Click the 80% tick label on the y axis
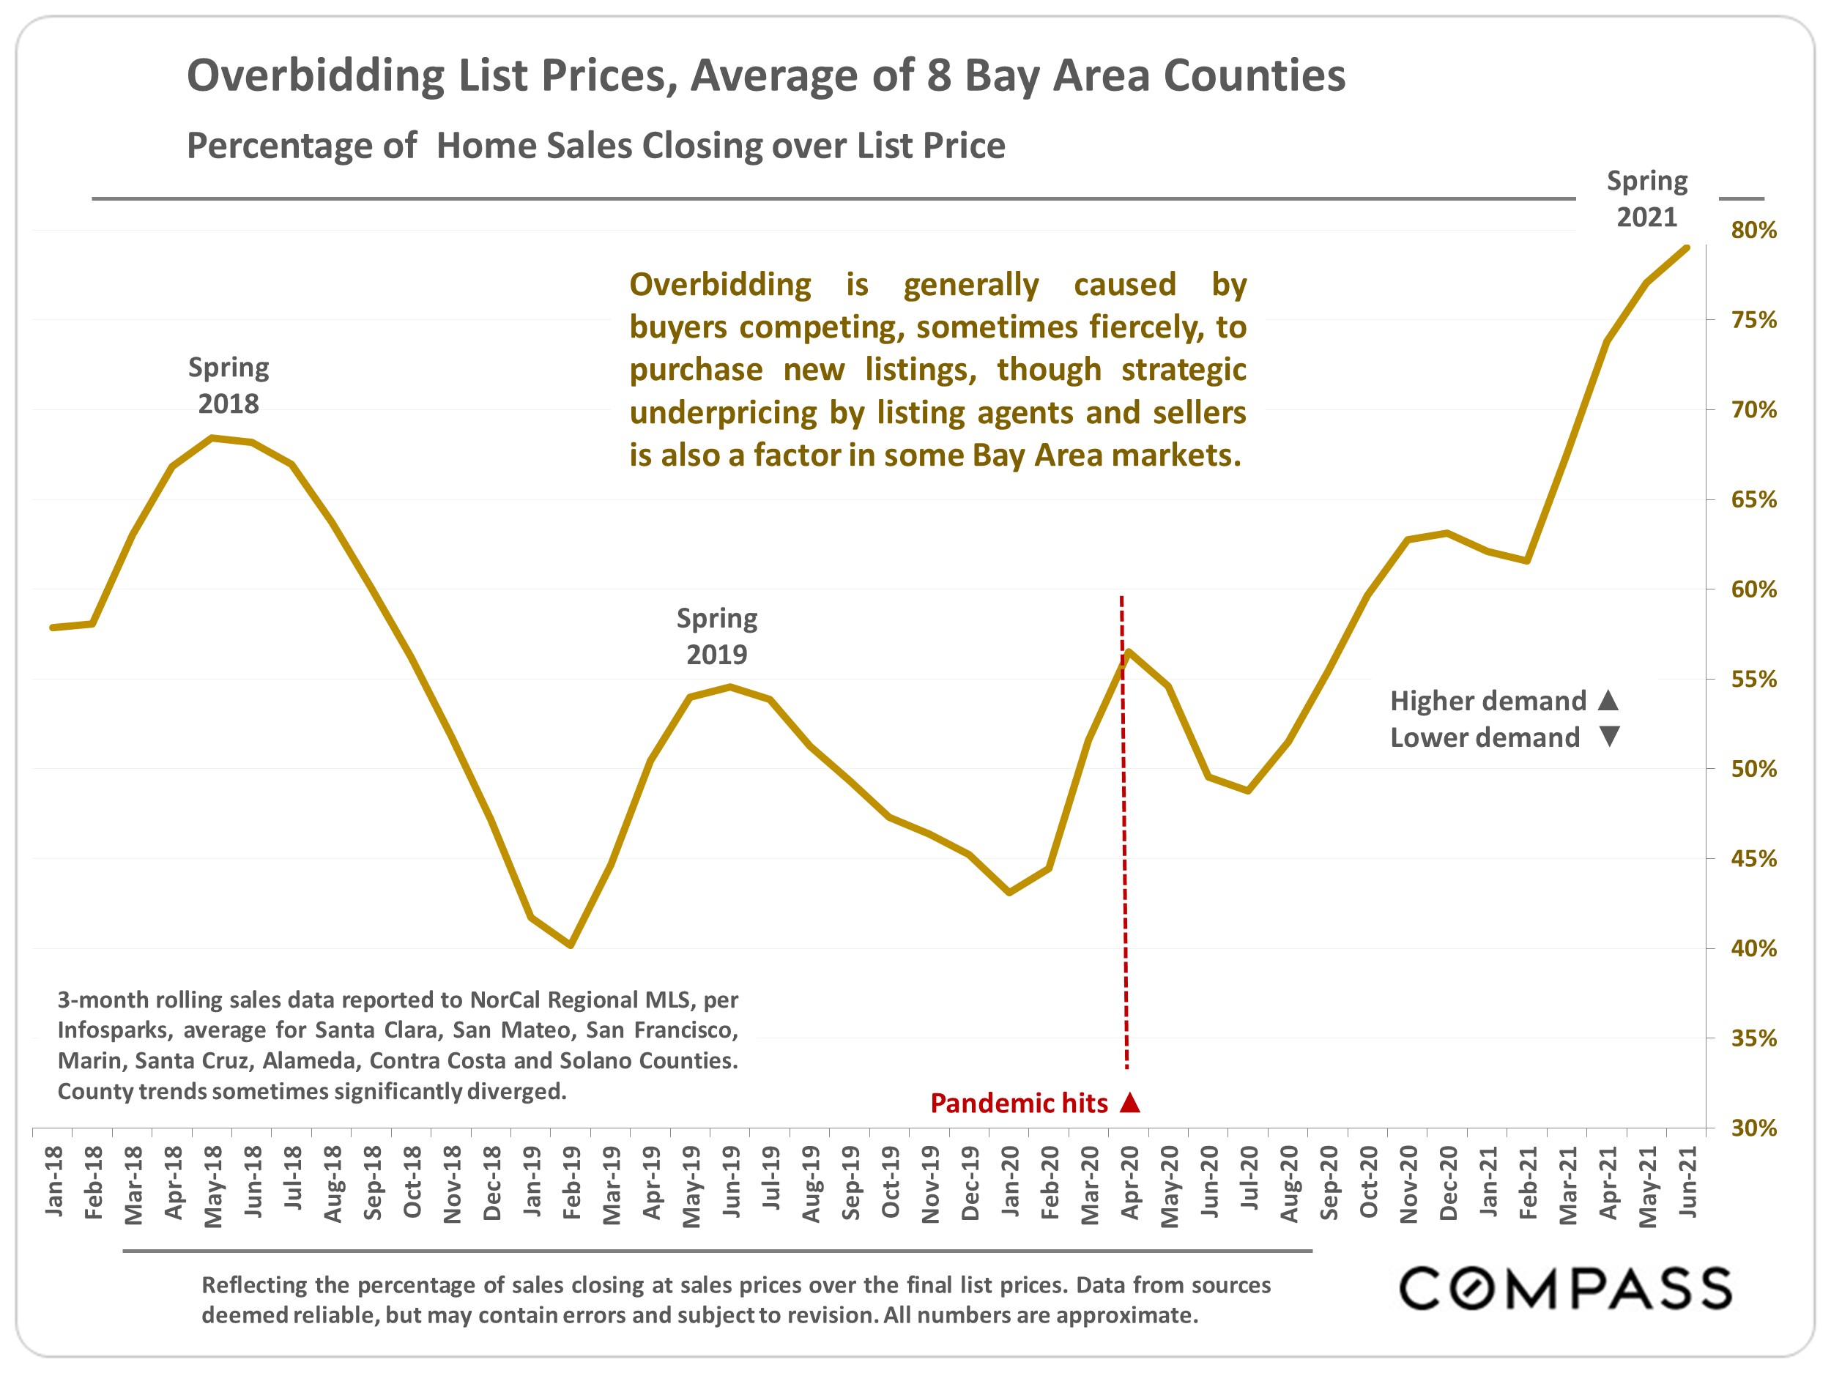click(1753, 230)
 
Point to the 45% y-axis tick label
click(1753, 859)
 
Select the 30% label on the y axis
click(1753, 1128)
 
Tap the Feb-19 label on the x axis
click(571, 1183)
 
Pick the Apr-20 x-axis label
click(1129, 1183)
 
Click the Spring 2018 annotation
click(229, 385)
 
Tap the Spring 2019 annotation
click(717, 636)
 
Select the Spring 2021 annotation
click(1646, 198)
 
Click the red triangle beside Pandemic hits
click(1130, 1102)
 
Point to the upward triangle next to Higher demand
click(1608, 700)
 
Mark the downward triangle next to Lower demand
click(1609, 736)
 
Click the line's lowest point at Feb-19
click(571, 945)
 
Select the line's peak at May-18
click(212, 438)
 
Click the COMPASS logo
click(1565, 1289)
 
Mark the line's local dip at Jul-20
click(1248, 791)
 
